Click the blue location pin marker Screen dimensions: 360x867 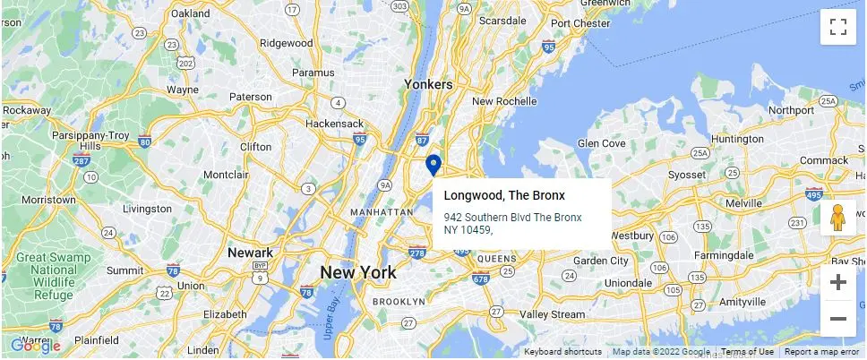coord(433,166)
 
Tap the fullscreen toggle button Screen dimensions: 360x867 coord(838,27)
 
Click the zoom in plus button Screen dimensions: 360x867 coord(838,283)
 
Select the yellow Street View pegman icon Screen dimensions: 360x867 coord(838,218)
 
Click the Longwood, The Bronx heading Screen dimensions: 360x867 coord(504,195)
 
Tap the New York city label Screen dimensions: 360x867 coord(358,273)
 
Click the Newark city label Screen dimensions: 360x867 coord(250,253)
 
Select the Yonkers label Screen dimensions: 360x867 coord(428,84)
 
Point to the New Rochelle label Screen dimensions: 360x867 coord(503,101)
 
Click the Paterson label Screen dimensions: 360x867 coord(251,97)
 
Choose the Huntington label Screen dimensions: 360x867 coord(736,140)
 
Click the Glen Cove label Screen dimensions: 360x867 coord(601,143)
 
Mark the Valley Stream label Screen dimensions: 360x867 coord(552,314)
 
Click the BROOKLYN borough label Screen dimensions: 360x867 coord(399,302)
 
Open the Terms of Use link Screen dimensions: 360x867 coord(747,352)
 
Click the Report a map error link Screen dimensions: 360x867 coord(821,352)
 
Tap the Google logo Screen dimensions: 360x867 coord(36,346)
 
